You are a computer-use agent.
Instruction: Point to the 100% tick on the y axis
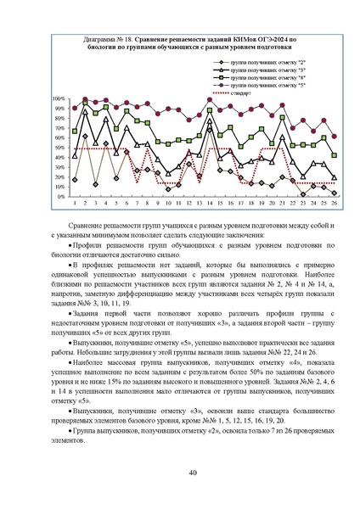pos(59,98)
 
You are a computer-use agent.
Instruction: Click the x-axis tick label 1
pos(75,204)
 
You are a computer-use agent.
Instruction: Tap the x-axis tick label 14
pos(210,204)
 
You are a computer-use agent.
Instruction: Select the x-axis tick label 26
pos(334,204)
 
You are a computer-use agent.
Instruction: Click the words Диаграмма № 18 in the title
pos(110,40)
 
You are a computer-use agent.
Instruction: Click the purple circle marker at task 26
pos(334,136)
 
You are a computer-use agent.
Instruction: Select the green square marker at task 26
pos(334,155)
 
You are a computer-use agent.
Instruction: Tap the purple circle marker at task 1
pos(75,108)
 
